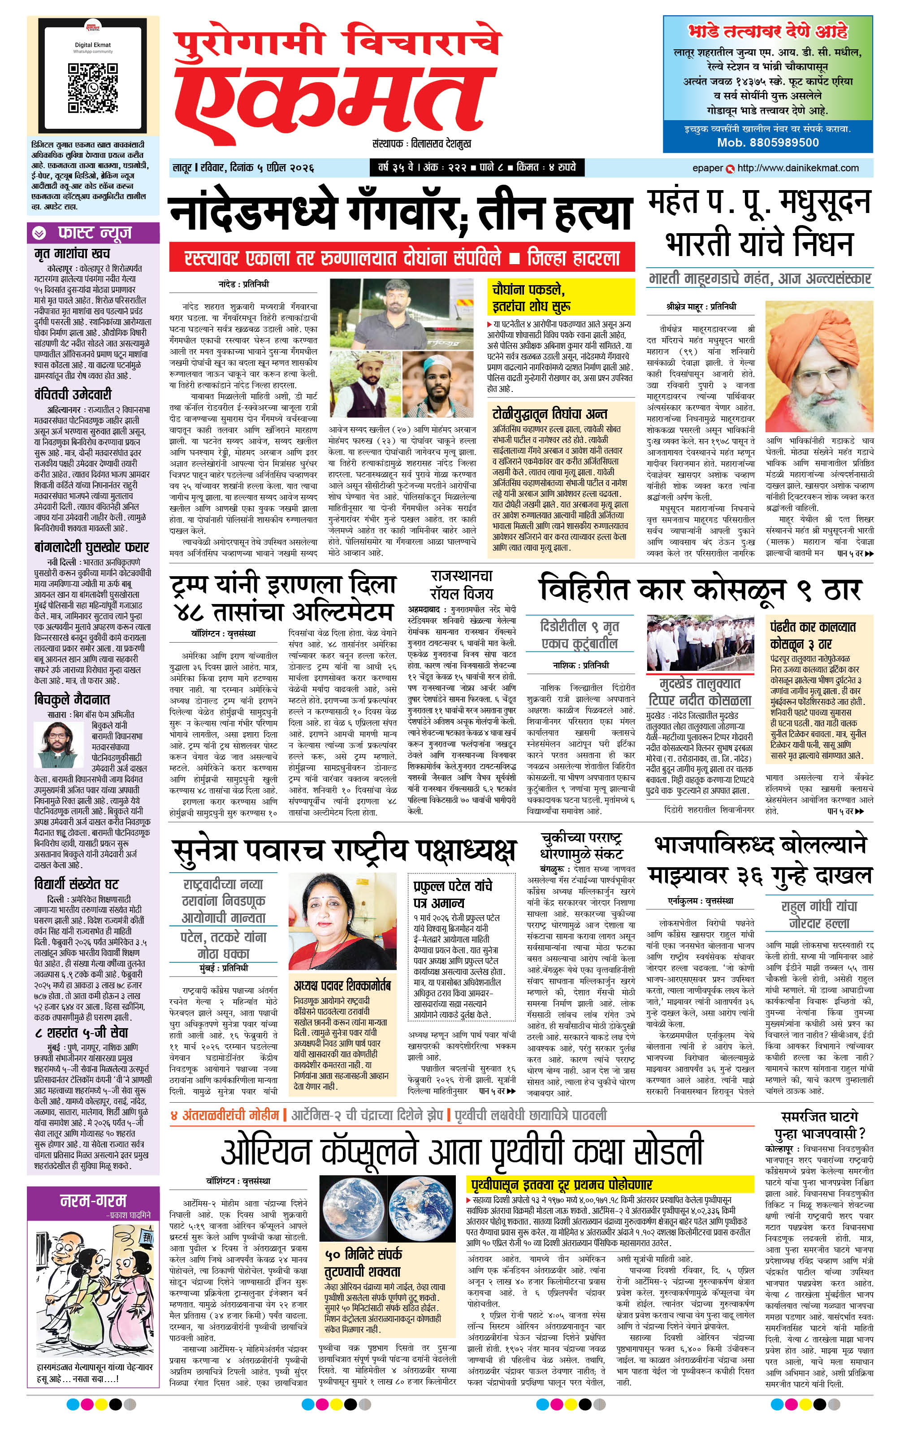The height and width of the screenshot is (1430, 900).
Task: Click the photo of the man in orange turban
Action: [819, 366]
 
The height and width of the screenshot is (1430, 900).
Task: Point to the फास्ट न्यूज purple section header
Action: [93, 232]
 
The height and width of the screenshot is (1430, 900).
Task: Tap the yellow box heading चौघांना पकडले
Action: [528, 290]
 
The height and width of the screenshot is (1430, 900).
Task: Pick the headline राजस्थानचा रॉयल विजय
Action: [461, 584]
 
